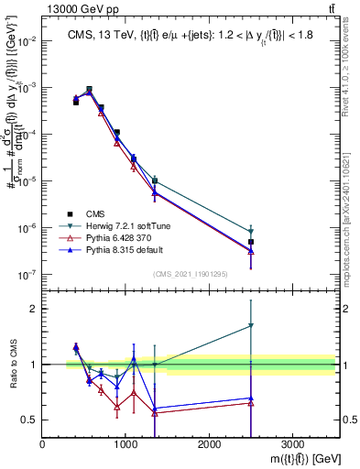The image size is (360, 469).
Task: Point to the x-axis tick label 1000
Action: pyautogui.click(x=125, y=443)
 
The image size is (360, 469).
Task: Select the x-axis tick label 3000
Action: pyautogui.click(x=292, y=443)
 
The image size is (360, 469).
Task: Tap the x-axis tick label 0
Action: pyautogui.click(x=43, y=443)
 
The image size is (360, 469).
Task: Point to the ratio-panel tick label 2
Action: pyautogui.click(x=33, y=309)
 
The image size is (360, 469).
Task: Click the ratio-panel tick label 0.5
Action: pyautogui.click(x=27, y=420)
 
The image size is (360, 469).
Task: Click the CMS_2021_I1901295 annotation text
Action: pyautogui.click(x=190, y=274)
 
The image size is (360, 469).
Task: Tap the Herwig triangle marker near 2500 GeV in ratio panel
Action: pyautogui.click(x=251, y=326)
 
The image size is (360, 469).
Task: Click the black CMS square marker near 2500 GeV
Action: pyautogui.click(x=251, y=242)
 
